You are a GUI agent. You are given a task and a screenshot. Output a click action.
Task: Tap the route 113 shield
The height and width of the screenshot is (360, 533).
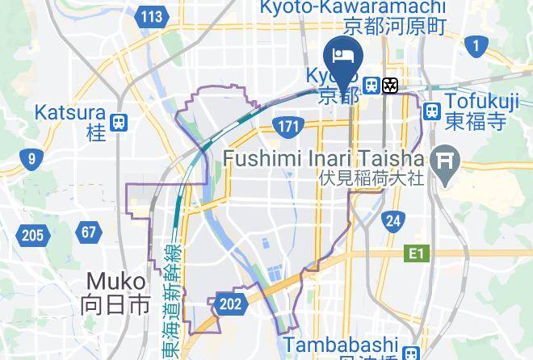click(150, 16)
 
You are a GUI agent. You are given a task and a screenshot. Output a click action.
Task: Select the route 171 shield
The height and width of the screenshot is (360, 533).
click(286, 127)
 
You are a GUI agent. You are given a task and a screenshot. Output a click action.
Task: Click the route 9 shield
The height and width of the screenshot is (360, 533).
click(31, 158)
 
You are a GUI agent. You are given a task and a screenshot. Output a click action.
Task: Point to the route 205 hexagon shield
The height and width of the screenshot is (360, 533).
click(32, 236)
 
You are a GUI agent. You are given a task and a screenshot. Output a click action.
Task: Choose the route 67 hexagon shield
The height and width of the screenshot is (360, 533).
click(88, 233)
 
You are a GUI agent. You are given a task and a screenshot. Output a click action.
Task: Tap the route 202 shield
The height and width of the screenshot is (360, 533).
click(230, 304)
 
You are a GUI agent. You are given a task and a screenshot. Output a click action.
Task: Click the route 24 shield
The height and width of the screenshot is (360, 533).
click(393, 220)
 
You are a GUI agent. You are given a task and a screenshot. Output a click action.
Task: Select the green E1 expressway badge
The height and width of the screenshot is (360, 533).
click(415, 254)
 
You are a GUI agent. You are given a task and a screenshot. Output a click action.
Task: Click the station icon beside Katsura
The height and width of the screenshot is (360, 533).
click(120, 122)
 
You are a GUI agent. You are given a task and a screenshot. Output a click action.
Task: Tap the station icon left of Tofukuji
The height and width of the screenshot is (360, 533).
click(432, 111)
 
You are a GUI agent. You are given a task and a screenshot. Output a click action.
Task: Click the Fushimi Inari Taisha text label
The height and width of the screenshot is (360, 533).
click(323, 157)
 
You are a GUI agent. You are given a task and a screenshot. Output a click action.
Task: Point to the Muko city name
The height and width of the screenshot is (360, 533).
click(115, 282)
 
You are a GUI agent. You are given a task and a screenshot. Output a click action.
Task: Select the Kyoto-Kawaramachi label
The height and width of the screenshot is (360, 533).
click(352, 7)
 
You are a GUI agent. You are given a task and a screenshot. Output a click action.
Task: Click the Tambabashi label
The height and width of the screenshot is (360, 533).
click(352, 345)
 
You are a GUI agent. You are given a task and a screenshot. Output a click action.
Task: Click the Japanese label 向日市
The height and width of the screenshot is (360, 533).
click(115, 305)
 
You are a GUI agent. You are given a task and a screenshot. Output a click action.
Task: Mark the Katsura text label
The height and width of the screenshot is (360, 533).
click(70, 112)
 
